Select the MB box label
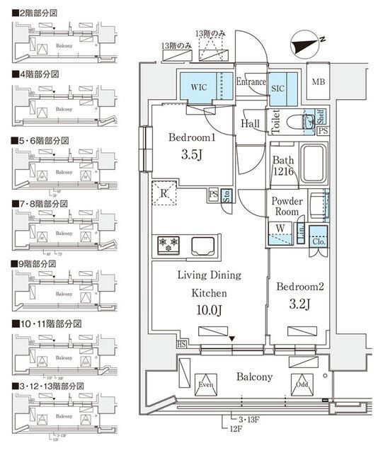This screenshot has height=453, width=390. [320, 82]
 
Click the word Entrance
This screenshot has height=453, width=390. [250, 81]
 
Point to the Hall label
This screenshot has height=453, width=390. [251, 123]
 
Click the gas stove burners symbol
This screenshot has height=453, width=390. [170, 244]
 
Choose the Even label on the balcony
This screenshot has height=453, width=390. [206, 386]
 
